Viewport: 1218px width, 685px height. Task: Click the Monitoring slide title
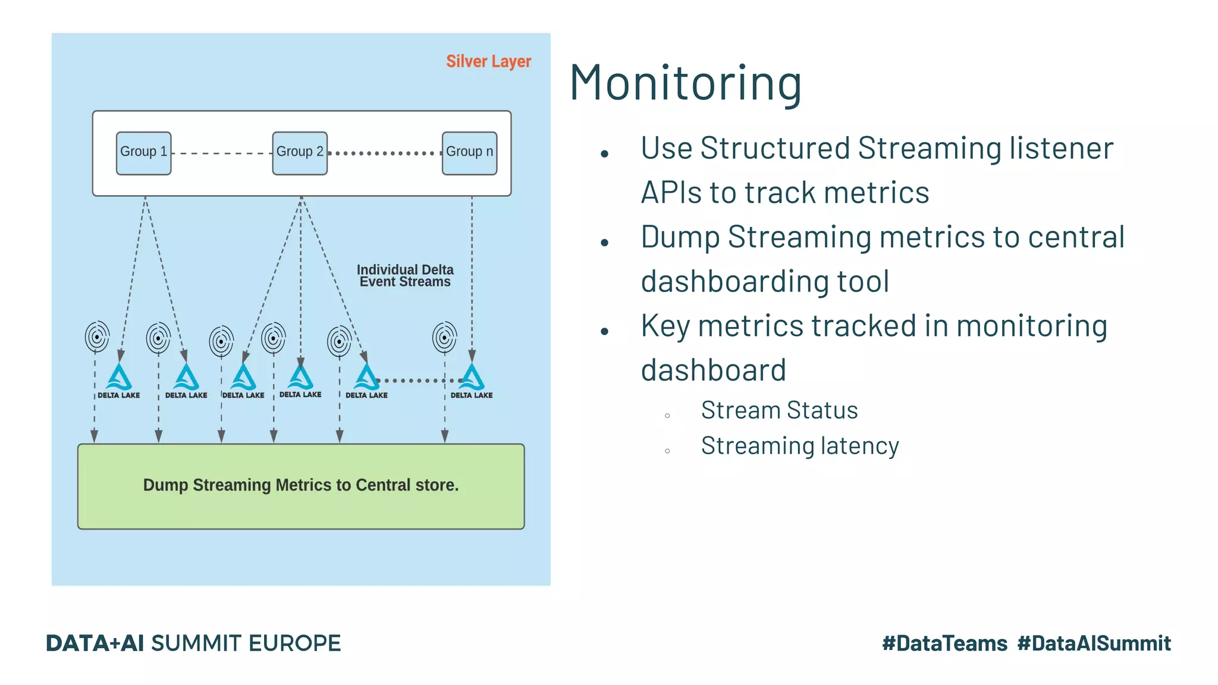pos(685,83)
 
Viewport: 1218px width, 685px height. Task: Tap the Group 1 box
pos(143,153)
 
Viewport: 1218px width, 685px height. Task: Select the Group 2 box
pos(300,153)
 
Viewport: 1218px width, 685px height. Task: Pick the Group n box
pos(469,153)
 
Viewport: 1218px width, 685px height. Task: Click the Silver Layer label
pos(488,61)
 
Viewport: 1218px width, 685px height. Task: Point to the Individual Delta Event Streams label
pos(405,276)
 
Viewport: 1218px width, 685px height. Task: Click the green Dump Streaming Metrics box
pos(301,486)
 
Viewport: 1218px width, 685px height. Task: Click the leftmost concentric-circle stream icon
pos(97,337)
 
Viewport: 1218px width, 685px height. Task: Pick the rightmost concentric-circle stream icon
pos(444,338)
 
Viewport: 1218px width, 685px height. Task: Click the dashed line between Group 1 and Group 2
pos(221,153)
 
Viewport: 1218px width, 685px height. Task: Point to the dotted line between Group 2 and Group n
pos(384,153)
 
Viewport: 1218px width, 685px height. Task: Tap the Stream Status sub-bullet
pos(779,410)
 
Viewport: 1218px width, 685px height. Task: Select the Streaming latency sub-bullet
pos(799,446)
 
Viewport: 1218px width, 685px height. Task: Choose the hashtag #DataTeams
pos(944,643)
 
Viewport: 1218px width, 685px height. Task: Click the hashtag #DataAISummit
pos(1094,643)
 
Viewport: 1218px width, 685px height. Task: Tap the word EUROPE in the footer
pos(294,643)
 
